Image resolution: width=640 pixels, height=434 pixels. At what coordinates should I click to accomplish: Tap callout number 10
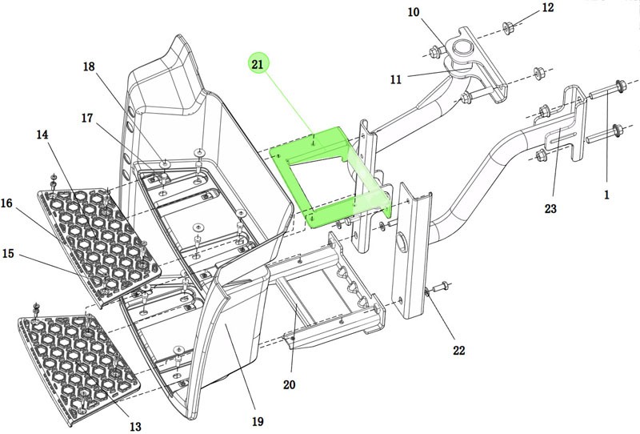413,12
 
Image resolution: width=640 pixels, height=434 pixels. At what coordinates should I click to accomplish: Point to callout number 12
547,8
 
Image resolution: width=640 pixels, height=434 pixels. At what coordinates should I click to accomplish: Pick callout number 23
550,209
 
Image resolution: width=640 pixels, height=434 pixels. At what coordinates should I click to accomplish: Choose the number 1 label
606,194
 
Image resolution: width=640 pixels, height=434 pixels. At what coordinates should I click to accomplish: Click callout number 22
458,350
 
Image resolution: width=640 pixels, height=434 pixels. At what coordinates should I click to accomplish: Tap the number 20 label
289,385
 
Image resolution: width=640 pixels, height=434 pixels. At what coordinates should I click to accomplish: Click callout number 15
9,254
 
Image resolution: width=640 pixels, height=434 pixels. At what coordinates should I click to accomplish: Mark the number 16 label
6,203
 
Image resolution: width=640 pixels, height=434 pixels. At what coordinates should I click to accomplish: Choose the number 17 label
87,118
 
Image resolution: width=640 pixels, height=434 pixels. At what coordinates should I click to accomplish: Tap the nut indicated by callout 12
508,30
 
